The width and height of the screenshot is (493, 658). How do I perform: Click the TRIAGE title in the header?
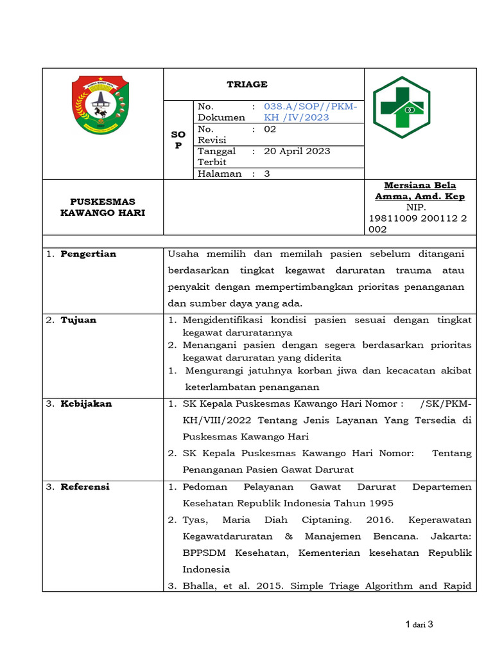pos(247,84)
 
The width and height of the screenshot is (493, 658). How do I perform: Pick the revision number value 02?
pos(270,129)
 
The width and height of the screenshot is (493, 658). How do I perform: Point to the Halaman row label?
pos(220,173)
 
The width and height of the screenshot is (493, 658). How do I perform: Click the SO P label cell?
pos(178,140)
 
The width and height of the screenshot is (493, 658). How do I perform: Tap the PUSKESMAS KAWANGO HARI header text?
pos(103,207)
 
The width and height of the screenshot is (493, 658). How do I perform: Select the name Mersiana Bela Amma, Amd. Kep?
pos(420,191)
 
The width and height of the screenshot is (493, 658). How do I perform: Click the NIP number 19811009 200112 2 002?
pos(418,224)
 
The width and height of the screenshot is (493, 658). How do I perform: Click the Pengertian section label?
pos(88,254)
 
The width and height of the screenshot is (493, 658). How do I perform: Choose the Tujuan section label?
pos(78,320)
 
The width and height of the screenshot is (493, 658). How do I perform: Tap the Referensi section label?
pos(85,486)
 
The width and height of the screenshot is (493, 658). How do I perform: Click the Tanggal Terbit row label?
pos(217,157)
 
